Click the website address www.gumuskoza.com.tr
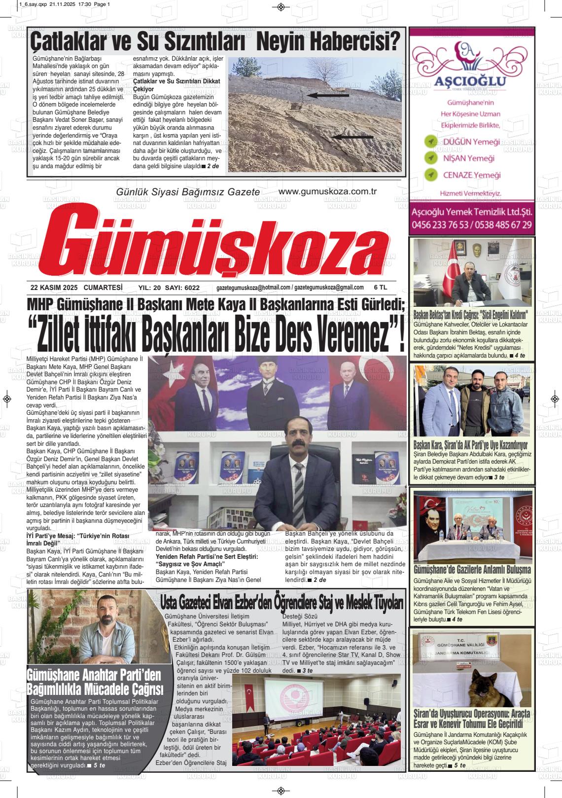[x=327, y=191]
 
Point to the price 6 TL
[x=381, y=288]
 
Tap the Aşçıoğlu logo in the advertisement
[x=470, y=66]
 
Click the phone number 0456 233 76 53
[x=440, y=225]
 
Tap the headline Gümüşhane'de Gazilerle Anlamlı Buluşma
[x=472, y=570]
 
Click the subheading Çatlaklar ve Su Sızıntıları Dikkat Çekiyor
[x=176, y=85]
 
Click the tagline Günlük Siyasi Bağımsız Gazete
[x=187, y=192]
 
